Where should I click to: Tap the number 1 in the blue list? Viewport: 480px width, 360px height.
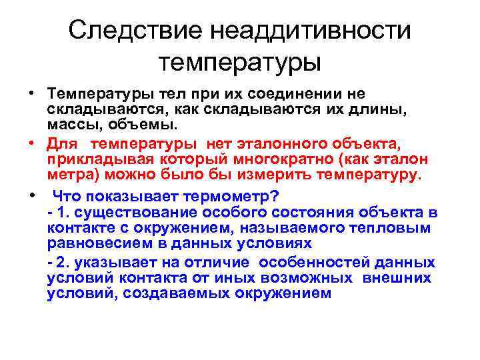[58, 213]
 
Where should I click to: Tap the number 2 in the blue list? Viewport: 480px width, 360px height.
[59, 262]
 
